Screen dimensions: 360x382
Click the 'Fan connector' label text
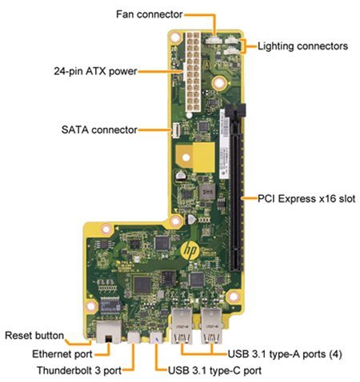150,14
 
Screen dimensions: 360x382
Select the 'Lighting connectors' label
302,46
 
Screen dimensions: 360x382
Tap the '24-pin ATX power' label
95,71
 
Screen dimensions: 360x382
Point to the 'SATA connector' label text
99,129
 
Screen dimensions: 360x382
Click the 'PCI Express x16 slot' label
306,199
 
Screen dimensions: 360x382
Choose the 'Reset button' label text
34,336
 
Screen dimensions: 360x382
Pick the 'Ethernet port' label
62,354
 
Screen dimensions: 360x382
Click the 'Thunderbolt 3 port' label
79,370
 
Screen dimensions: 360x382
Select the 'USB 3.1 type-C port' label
214,370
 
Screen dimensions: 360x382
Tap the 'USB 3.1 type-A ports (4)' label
285,354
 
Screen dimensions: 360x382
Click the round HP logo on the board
190,249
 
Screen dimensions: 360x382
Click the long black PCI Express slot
236,188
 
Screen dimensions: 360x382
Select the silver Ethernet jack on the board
109,331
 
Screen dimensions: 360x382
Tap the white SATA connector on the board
175,130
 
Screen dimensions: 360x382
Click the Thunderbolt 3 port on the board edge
134,337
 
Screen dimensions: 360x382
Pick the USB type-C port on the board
156,337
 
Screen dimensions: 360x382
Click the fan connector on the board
214,40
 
